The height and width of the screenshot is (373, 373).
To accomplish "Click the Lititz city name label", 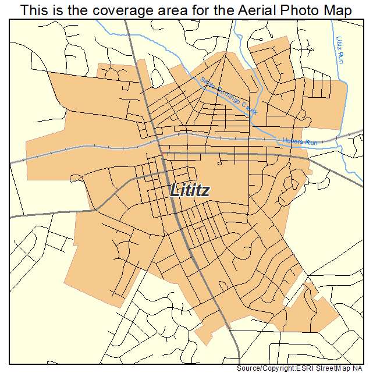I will coord(190,190).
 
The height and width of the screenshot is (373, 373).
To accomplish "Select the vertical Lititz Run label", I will coord(339,50).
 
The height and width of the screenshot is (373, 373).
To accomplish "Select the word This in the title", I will coord(34,10).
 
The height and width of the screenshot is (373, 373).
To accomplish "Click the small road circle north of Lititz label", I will coord(219,164).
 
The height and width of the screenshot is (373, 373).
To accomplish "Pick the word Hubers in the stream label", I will coord(292,140).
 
